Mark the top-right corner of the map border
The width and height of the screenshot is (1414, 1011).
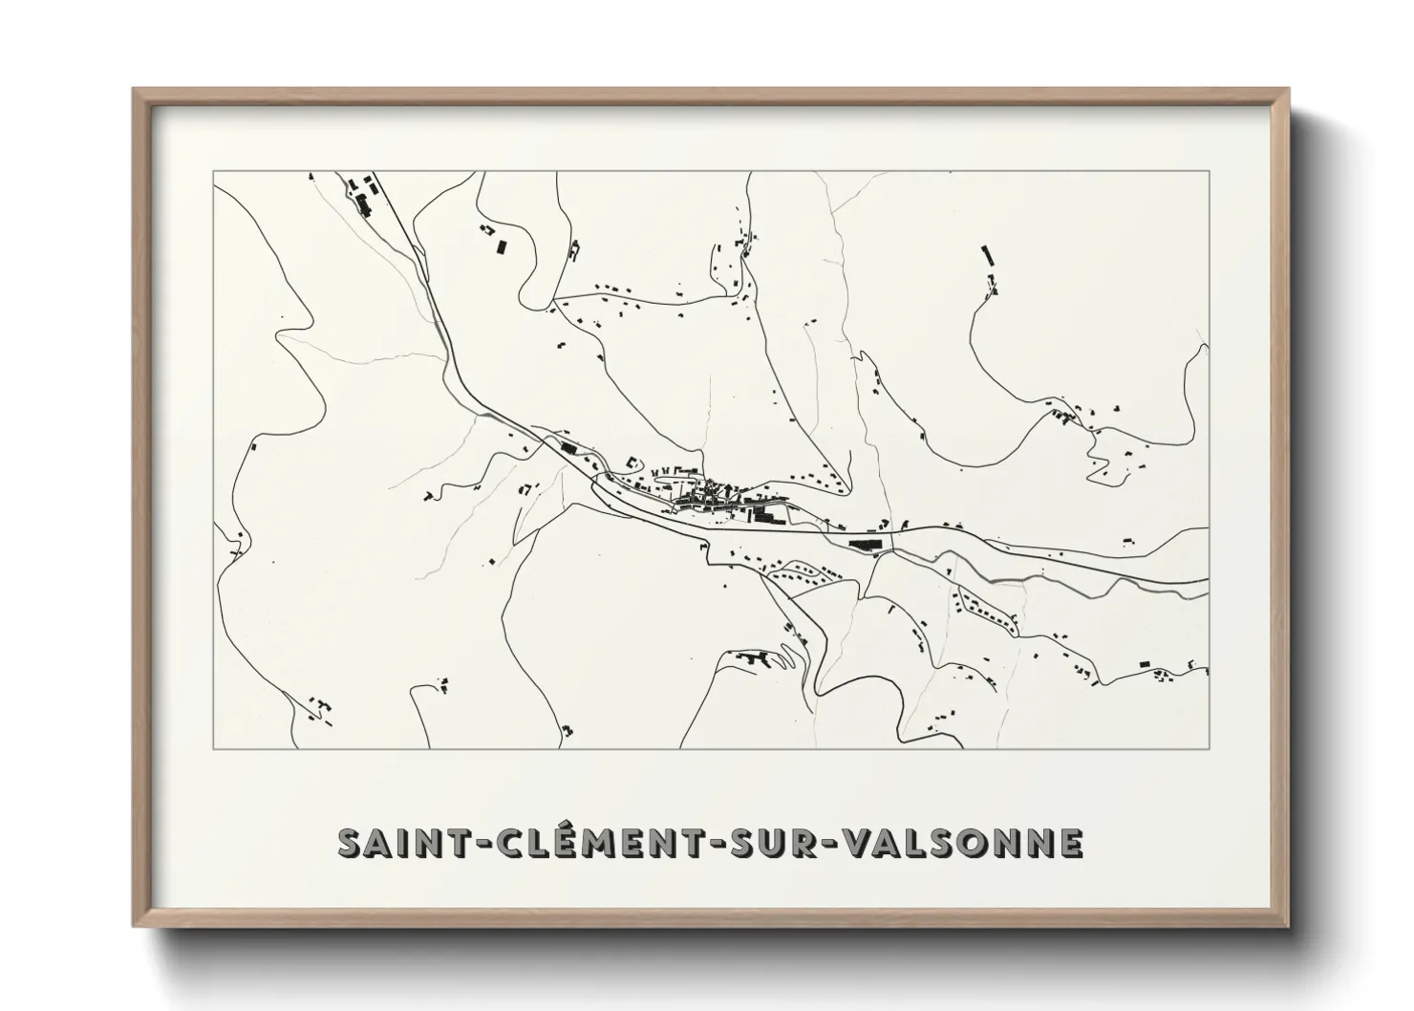(1210, 172)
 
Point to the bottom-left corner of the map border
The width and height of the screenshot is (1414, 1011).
(213, 748)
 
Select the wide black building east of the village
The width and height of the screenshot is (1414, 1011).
(865, 544)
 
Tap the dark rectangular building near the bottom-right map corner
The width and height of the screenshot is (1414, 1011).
(1143, 663)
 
